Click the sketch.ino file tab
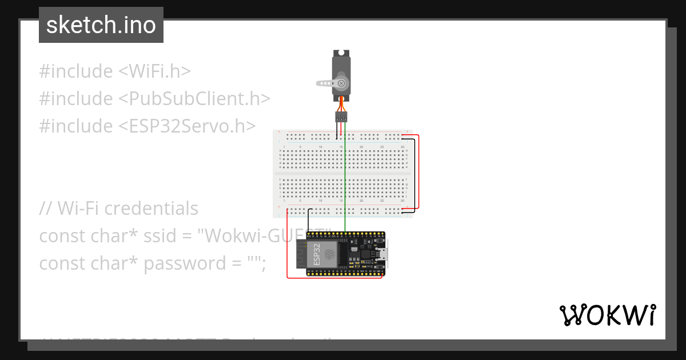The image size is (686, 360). pyautogui.click(x=101, y=25)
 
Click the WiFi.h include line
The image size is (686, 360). pyautogui.click(x=114, y=71)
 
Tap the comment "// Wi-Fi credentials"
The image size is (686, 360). pyautogui.click(x=119, y=209)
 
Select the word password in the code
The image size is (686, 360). pyautogui.click(x=184, y=263)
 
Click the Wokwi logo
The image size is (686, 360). pyautogui.click(x=607, y=315)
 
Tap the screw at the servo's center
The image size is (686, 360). pyautogui.click(x=341, y=83)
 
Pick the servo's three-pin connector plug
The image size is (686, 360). pyautogui.click(x=341, y=117)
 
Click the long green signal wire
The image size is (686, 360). pyautogui.click(x=345, y=183)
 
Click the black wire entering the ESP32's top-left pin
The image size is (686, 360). pyautogui.click(x=309, y=220)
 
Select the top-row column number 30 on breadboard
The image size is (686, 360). pyautogui.click(x=403, y=147)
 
